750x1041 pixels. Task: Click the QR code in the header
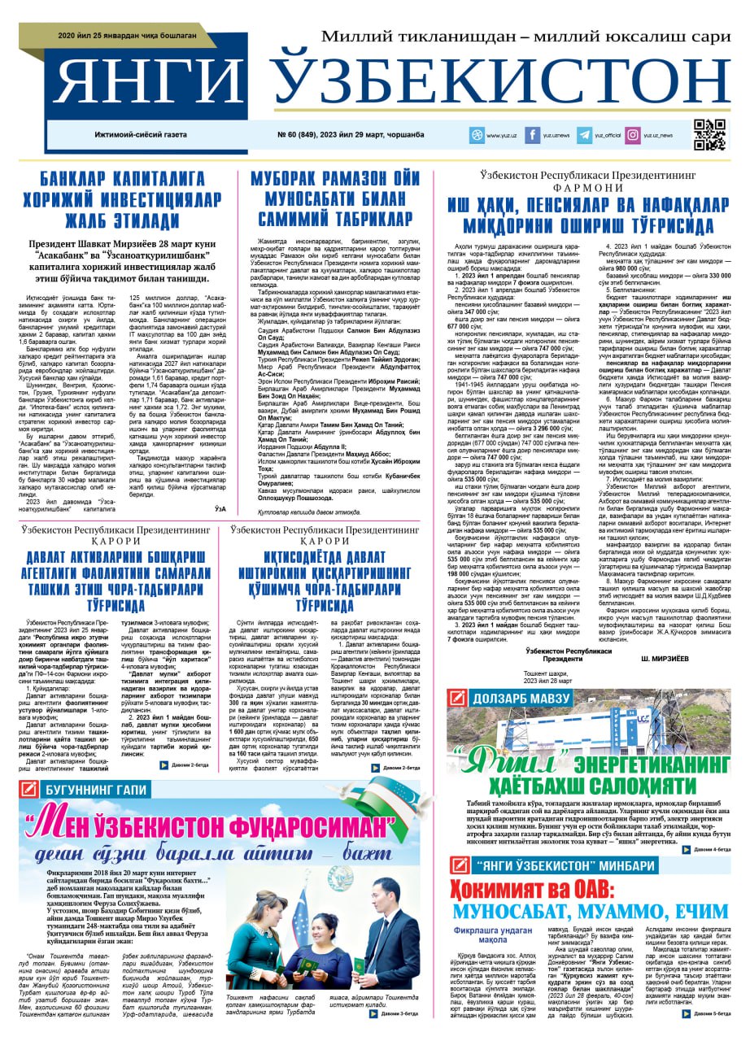(709, 135)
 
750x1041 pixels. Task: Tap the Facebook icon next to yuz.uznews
(532, 135)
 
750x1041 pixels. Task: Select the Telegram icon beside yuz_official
(584, 135)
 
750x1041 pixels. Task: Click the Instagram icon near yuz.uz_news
(632, 135)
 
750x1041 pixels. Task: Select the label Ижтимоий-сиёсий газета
(140, 135)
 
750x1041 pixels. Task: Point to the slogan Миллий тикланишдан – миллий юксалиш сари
(525, 37)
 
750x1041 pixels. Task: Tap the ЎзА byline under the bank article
(220, 509)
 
